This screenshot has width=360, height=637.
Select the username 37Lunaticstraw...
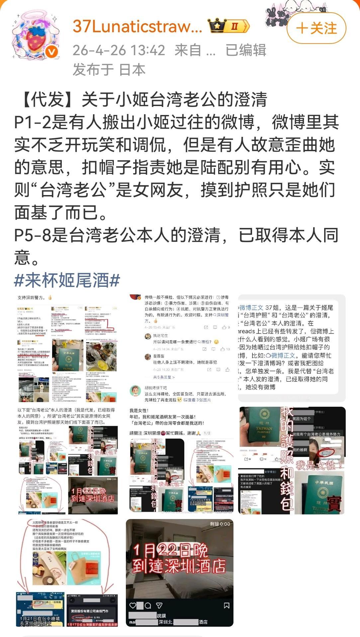click(137, 26)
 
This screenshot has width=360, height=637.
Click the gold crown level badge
click(229, 26)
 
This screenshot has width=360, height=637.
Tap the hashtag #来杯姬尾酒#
click(67, 280)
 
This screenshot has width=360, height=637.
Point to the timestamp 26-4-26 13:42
click(119, 50)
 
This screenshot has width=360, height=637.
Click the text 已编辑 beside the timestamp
click(246, 50)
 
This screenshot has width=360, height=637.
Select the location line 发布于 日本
click(109, 70)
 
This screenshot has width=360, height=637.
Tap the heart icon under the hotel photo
click(133, 605)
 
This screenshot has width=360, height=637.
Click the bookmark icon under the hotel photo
click(226, 605)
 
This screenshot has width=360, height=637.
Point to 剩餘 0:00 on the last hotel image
click(220, 524)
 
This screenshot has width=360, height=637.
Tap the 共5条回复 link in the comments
click(164, 377)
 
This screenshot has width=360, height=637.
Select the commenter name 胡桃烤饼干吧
click(156, 388)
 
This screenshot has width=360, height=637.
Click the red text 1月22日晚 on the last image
click(170, 550)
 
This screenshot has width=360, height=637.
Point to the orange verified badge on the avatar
click(52, 52)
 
